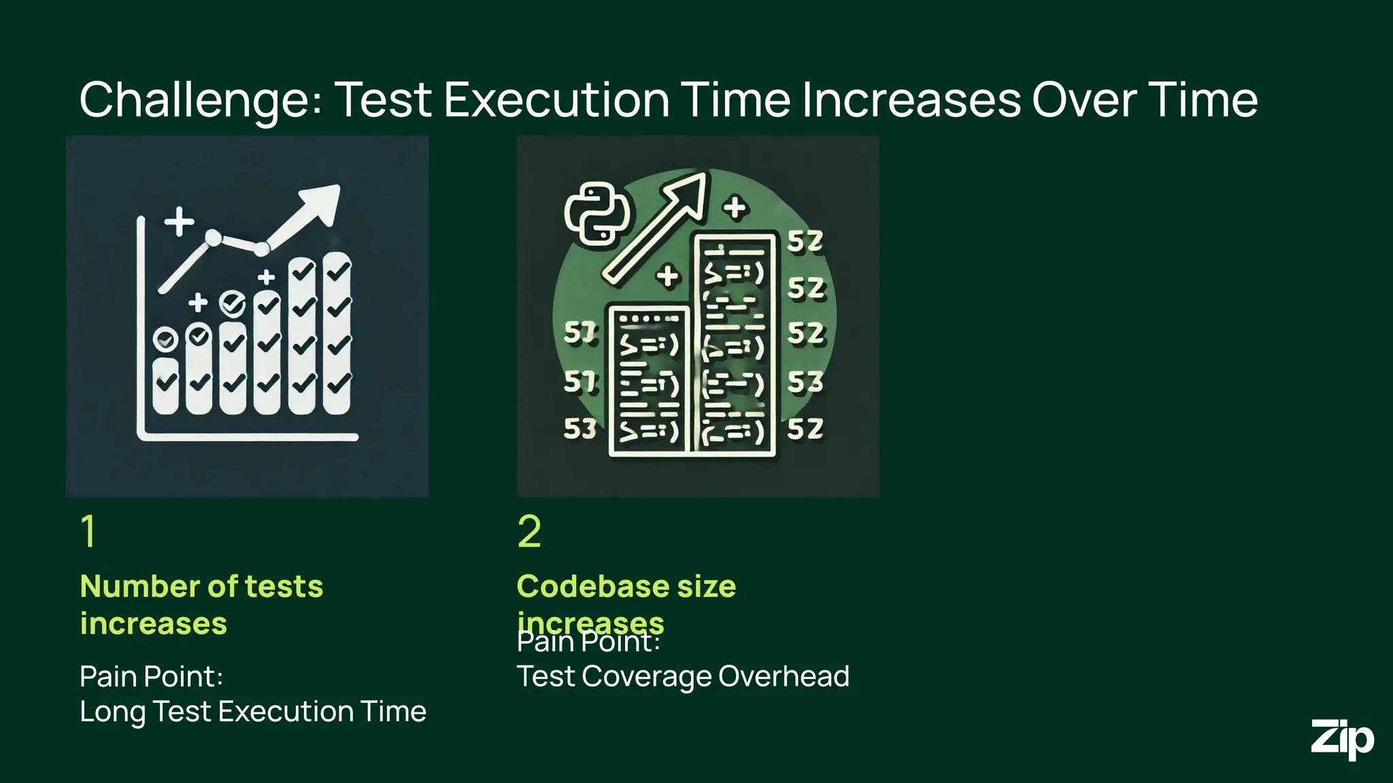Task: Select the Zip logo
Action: pos(1342,739)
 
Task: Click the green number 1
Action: pos(88,531)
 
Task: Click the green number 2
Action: pos(529,531)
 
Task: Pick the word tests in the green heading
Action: pos(284,586)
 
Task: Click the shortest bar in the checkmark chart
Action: pos(165,384)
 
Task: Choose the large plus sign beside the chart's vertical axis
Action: pos(180,222)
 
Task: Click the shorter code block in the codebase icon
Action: pos(649,381)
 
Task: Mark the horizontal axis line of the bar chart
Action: pos(248,436)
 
